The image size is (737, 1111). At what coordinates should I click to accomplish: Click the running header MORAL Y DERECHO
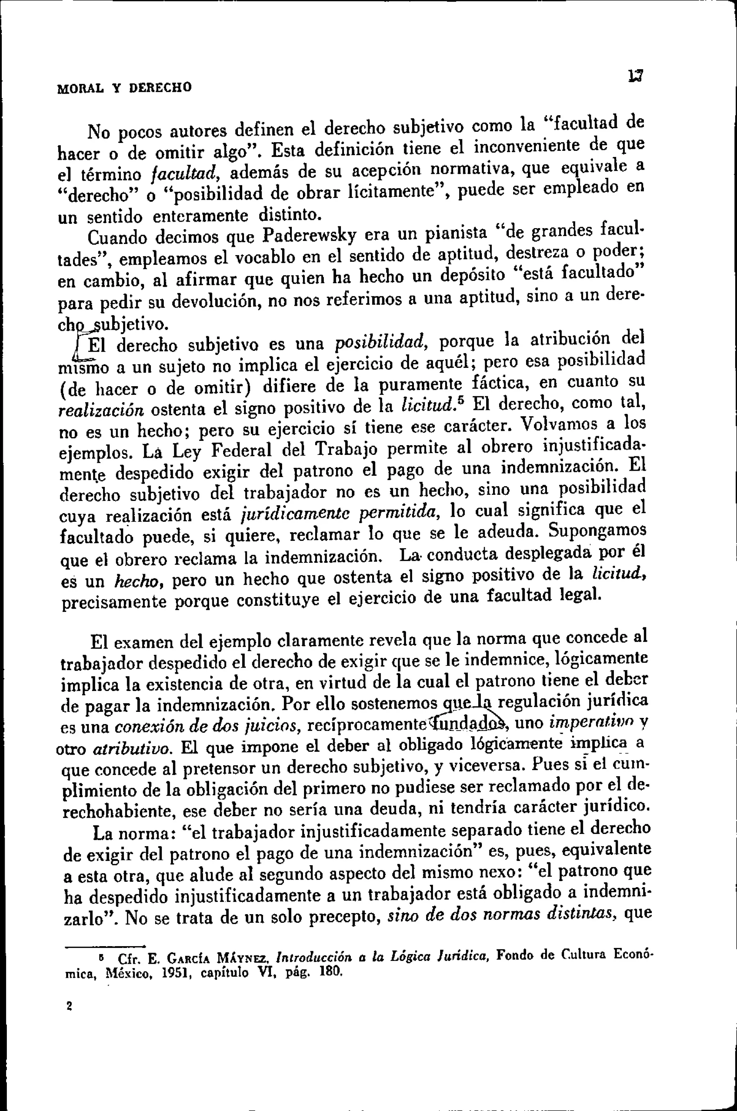click(124, 88)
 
